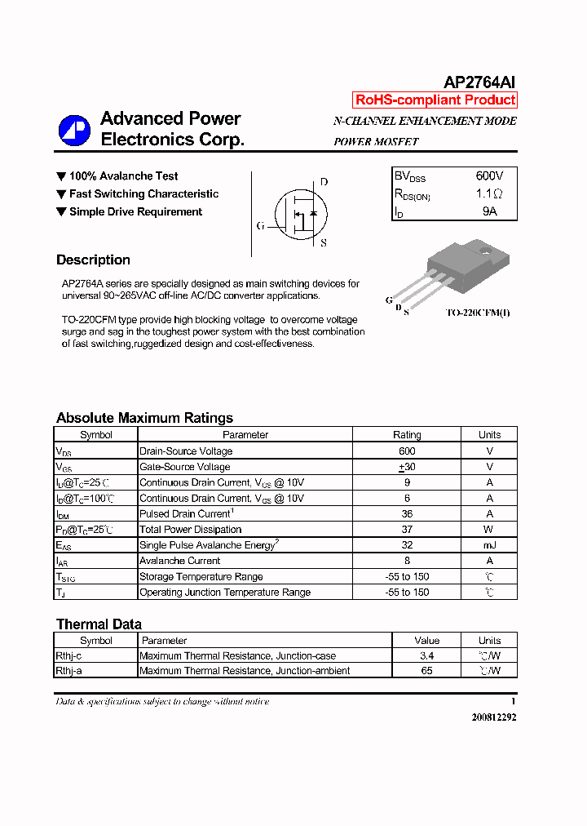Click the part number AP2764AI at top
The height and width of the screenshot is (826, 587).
tap(479, 82)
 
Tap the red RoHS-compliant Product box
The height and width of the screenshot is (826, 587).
tap(435, 100)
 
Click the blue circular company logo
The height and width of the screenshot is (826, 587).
tap(74, 131)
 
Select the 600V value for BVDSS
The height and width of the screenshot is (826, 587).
tap(489, 176)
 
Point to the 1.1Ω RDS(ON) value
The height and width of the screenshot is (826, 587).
tap(489, 194)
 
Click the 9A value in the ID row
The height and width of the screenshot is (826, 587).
tap(489, 211)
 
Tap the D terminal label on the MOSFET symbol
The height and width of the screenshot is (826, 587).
tap(324, 182)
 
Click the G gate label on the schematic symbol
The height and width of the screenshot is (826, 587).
tap(260, 226)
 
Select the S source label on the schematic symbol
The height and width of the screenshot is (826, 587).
tap(324, 242)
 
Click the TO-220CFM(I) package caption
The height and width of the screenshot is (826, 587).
tap(478, 313)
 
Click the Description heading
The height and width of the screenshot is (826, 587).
tap(93, 260)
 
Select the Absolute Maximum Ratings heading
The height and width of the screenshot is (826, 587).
tap(144, 418)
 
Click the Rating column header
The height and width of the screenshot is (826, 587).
tap(407, 435)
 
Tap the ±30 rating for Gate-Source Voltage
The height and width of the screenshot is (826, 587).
tap(407, 467)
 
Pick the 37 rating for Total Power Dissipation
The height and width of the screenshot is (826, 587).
tap(407, 530)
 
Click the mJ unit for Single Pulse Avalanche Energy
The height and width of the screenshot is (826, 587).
tap(489, 545)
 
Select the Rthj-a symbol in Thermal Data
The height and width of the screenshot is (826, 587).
tap(69, 671)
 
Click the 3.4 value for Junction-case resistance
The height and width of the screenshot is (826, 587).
tap(426, 655)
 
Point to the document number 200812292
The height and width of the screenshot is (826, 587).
tap(493, 717)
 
